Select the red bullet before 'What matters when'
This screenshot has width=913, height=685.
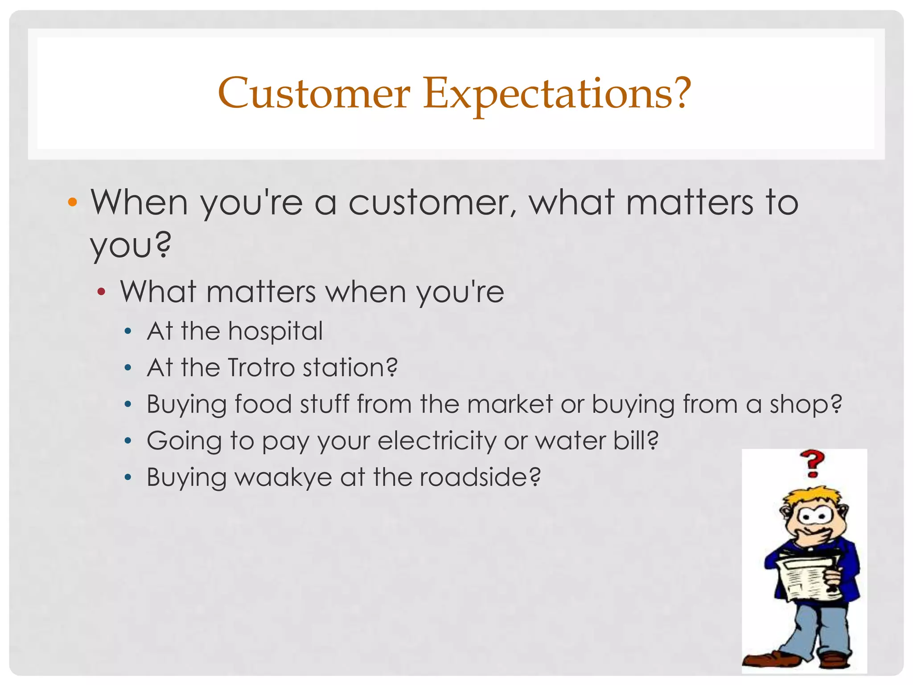tap(102, 293)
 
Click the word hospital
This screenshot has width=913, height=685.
tap(275, 331)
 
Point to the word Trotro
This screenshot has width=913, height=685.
tap(261, 368)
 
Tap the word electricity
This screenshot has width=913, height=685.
tap(437, 441)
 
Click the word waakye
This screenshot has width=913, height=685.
tap(284, 478)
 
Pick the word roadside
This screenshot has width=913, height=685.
tap(480, 477)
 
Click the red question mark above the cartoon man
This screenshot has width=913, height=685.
tap(812, 464)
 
